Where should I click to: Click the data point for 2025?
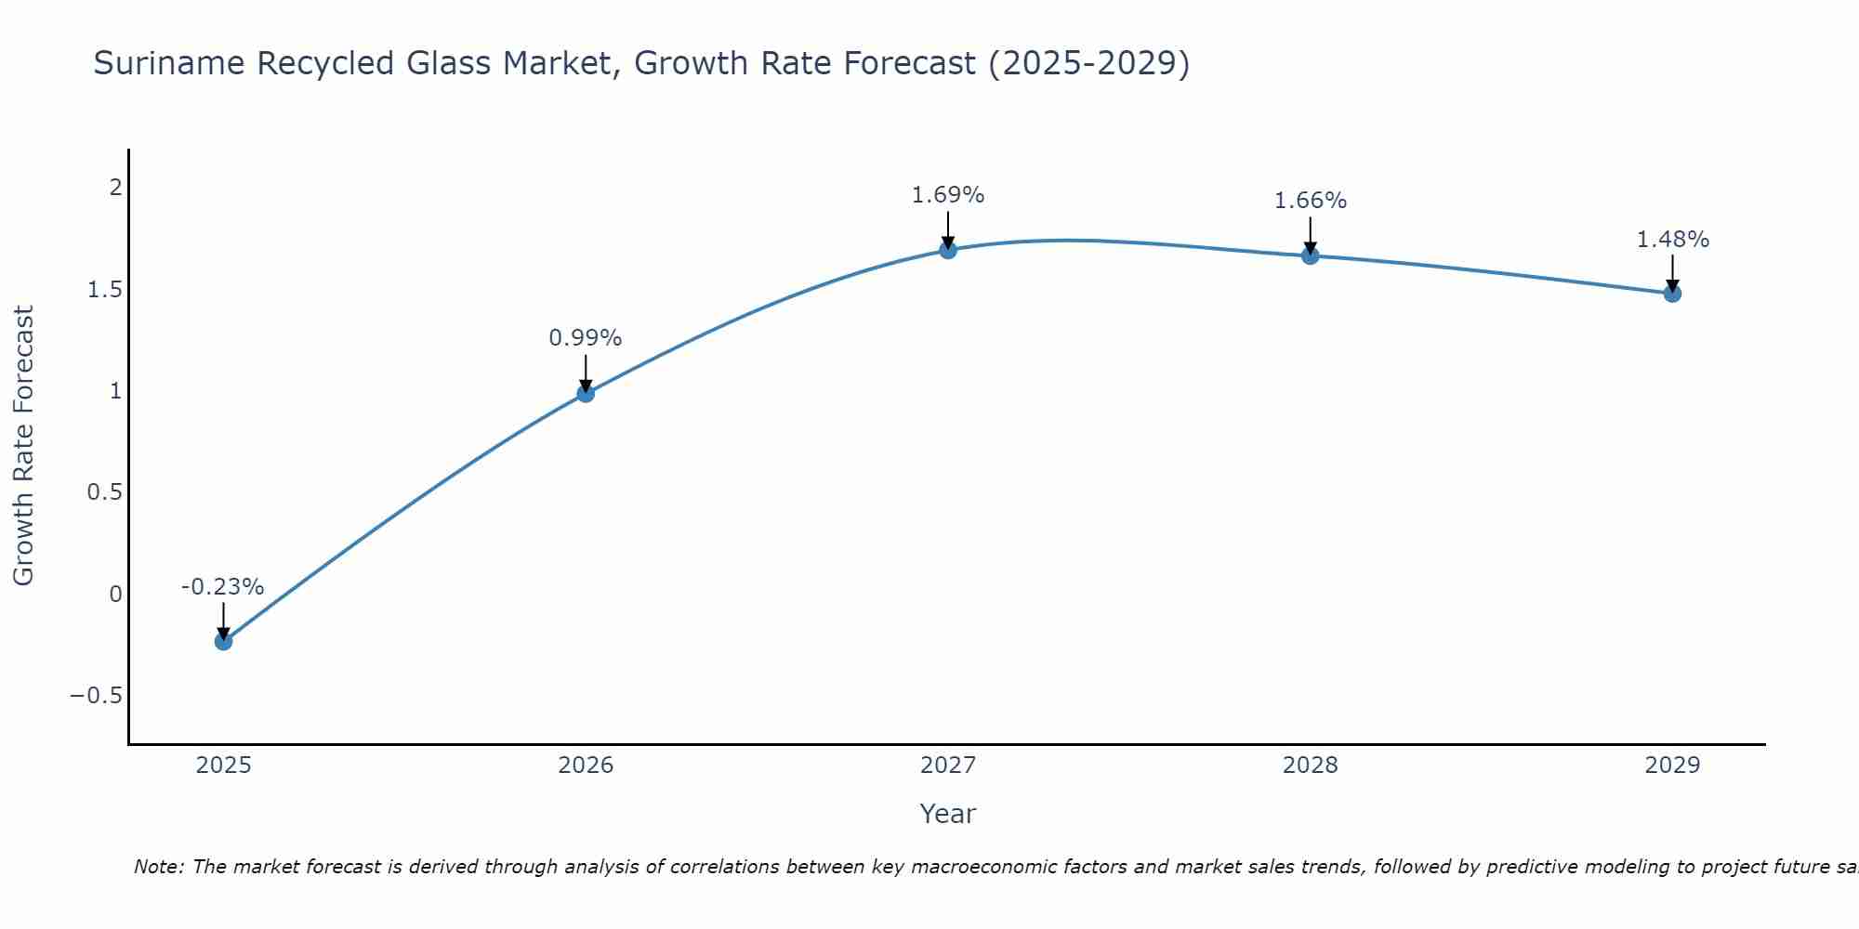[223, 641]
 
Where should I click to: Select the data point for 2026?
[586, 393]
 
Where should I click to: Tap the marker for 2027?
[948, 250]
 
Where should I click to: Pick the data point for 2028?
[1311, 255]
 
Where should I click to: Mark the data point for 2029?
[1672, 294]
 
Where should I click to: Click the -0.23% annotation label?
[223, 587]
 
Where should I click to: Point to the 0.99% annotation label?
[586, 338]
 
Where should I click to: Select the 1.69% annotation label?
[948, 195]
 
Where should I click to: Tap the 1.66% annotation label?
[1311, 201]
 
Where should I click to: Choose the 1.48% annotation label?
[1672, 240]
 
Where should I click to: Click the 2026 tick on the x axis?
[586, 765]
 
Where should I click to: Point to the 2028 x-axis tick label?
[1311, 765]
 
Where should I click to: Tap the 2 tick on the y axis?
[115, 188]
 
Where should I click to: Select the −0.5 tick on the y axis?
[97, 696]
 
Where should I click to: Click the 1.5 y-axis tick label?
[105, 290]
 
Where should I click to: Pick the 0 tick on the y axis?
[115, 595]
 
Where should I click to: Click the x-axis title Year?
[947, 814]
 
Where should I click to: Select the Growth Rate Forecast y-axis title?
[23, 446]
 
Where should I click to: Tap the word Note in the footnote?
[158, 867]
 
